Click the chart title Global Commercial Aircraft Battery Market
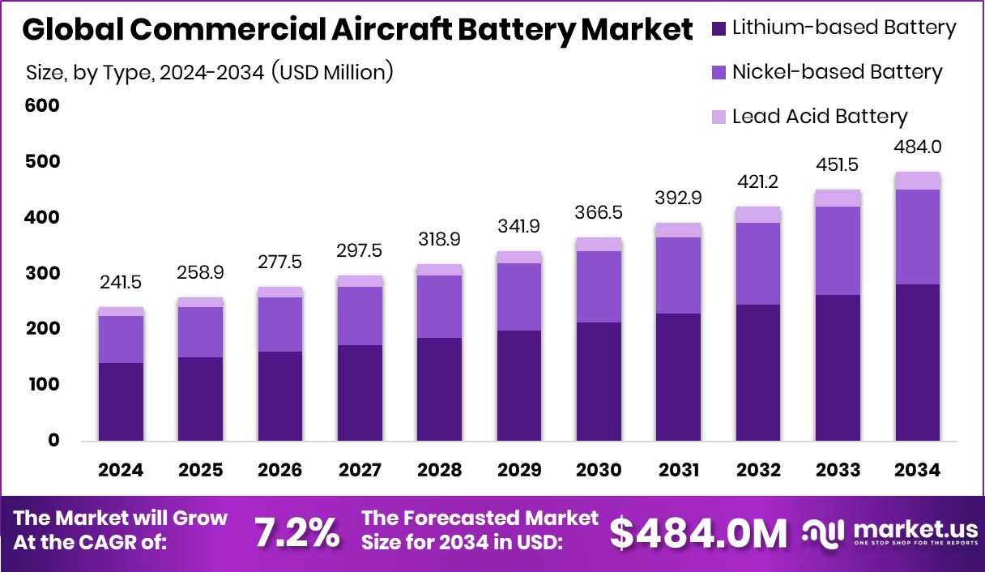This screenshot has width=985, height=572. click(x=357, y=31)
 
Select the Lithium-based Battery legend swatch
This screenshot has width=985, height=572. click(x=719, y=28)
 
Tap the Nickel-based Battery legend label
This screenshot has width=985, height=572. click(x=837, y=72)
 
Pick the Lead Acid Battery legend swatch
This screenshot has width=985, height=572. click(x=719, y=117)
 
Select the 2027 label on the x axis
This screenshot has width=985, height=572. click(x=360, y=471)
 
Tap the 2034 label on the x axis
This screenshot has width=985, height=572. click(x=918, y=471)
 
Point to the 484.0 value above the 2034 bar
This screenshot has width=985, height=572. click(x=918, y=147)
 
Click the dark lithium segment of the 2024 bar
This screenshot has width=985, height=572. click(x=121, y=402)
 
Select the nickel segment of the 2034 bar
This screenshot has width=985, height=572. click(x=918, y=237)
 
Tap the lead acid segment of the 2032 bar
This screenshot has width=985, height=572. click(x=758, y=215)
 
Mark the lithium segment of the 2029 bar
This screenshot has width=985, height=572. click(x=519, y=386)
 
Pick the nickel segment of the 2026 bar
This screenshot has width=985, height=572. click(x=280, y=324)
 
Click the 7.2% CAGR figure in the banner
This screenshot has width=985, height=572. click(x=296, y=532)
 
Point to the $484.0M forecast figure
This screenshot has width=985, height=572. click(x=698, y=532)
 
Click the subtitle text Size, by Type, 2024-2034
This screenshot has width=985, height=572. click(x=210, y=72)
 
